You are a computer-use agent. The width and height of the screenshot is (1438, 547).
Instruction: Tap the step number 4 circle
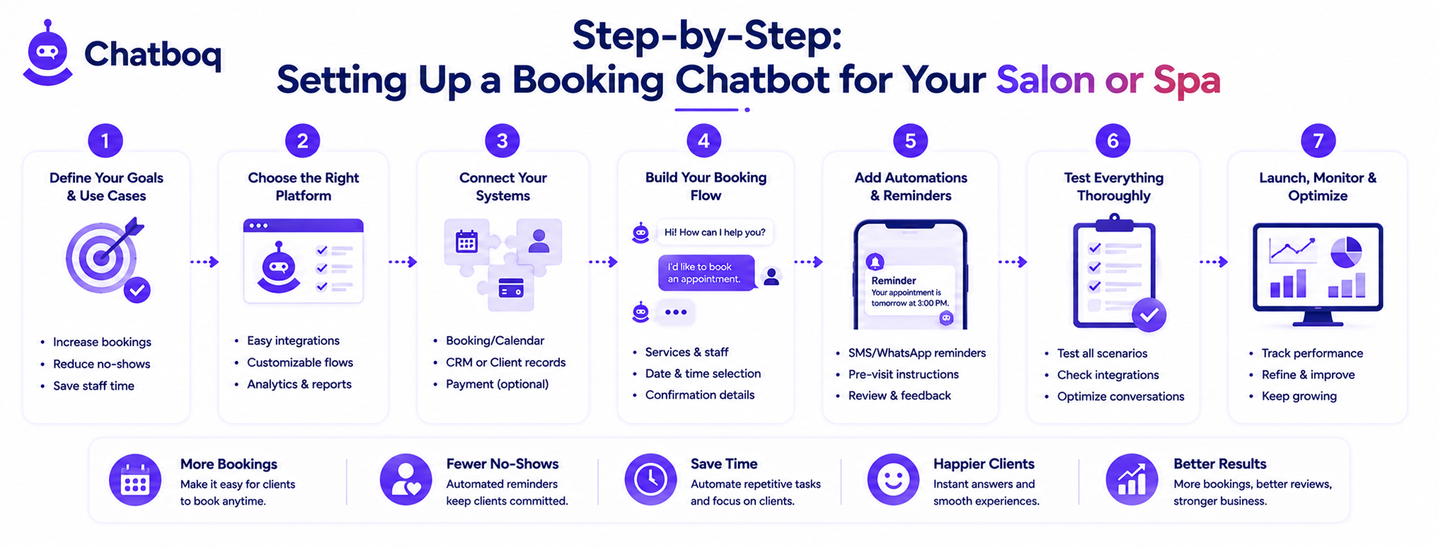tap(703, 141)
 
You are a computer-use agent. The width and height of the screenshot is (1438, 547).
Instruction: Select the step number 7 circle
tap(1318, 141)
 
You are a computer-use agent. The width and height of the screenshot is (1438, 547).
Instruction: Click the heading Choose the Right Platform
tap(303, 187)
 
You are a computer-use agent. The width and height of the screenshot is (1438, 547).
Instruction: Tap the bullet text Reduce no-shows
tap(102, 364)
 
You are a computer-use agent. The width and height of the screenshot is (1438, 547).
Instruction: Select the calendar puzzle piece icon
tap(467, 242)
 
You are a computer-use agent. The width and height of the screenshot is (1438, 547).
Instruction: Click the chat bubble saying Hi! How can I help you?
tap(715, 232)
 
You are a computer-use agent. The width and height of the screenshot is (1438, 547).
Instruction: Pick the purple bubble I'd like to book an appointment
tap(706, 272)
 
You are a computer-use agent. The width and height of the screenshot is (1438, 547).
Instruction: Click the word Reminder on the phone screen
tap(894, 280)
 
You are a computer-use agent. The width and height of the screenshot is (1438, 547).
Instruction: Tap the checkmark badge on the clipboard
tap(1149, 315)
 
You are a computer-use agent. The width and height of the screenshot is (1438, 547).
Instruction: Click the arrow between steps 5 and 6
tap(1012, 262)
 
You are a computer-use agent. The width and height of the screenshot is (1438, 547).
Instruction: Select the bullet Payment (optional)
tap(497, 384)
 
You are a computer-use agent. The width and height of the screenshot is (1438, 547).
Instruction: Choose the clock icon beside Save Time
tap(650, 480)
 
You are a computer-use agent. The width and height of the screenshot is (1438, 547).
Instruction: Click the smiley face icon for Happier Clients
tap(893, 480)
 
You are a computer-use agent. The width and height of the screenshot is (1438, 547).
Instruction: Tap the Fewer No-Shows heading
tap(502, 463)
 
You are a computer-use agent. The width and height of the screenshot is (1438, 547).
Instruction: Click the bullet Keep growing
tap(1299, 396)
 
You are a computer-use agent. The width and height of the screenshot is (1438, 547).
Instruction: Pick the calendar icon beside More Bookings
tap(135, 480)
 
